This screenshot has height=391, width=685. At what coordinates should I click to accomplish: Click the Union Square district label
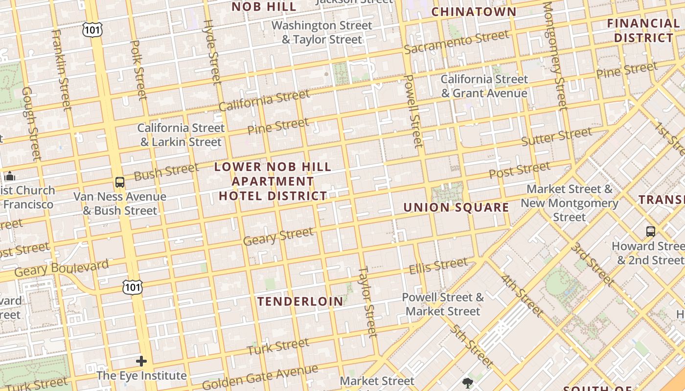tap(456, 207)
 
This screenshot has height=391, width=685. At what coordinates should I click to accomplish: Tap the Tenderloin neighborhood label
tap(300, 301)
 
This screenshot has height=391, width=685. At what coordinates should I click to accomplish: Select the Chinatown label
tap(474, 12)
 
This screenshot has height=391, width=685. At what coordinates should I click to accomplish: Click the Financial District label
tap(643, 30)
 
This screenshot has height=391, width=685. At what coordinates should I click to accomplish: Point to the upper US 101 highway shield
tap(91, 29)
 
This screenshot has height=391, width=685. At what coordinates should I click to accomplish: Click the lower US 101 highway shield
tap(133, 287)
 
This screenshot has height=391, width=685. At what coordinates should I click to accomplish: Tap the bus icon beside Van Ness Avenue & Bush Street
tap(119, 182)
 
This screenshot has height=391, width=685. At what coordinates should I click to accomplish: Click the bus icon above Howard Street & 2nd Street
tap(650, 231)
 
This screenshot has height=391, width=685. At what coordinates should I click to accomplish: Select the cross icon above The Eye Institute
tap(141, 361)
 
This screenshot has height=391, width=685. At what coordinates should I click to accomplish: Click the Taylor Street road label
tap(368, 301)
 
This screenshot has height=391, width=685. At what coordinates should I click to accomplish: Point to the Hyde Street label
tap(212, 51)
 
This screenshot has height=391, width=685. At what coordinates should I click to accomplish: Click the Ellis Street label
tap(438, 266)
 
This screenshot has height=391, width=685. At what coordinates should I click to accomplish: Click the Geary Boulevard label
tap(61, 268)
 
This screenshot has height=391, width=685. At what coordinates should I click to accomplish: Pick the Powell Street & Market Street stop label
tap(443, 304)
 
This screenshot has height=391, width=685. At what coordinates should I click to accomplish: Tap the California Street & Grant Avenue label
tap(484, 86)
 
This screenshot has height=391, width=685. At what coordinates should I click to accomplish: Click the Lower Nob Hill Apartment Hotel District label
tap(273, 181)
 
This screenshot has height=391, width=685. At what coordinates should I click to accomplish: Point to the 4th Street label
tap(522, 296)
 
